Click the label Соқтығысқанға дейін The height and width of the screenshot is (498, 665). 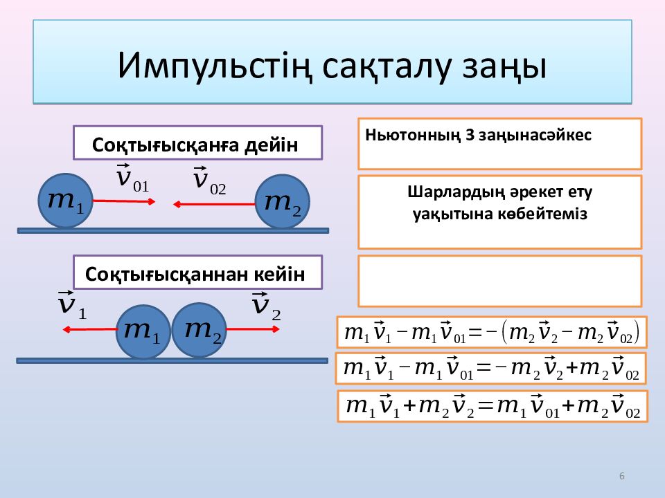195,145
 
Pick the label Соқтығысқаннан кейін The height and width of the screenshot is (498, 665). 195,274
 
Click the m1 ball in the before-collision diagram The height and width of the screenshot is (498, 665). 65,201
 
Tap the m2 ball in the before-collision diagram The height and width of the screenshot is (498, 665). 282,202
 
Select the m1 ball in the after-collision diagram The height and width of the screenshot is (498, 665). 143,331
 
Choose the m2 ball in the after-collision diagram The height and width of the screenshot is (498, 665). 199,330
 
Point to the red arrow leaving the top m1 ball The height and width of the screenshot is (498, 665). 124,201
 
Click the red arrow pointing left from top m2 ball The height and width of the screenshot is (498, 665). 214,205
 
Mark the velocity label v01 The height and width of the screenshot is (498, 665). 132,178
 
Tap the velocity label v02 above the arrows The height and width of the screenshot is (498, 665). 209,181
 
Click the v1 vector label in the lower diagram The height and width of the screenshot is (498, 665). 72,305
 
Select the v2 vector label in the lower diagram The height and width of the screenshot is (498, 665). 266,306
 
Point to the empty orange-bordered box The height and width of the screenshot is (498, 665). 499,281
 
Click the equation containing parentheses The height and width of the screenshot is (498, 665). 492,333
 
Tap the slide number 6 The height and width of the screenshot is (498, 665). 622,476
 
